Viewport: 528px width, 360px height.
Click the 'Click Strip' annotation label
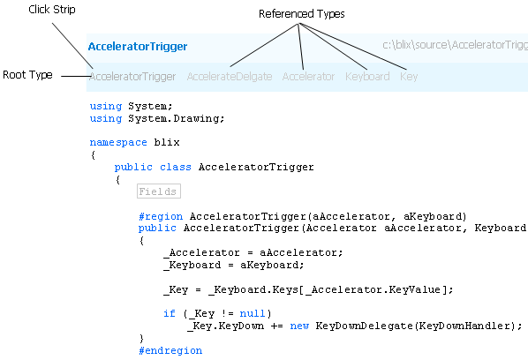52,10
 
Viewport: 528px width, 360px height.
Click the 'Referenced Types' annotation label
302,14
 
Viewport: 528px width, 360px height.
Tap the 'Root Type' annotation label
27,75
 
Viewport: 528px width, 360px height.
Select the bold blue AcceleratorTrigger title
138,47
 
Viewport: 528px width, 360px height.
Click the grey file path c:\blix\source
455,45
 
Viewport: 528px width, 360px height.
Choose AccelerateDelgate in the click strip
230,77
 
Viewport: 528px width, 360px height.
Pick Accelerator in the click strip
308,77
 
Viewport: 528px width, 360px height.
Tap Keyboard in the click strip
367,77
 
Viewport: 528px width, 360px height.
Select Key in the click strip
409,77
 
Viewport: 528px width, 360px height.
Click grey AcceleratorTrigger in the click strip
132,77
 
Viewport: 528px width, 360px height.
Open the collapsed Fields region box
159,191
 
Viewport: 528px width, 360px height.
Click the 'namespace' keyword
118,143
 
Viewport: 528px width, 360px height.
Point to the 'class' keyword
176,167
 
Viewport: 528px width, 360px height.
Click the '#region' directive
161,216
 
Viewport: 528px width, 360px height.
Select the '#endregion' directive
170,350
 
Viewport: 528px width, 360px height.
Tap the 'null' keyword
253,313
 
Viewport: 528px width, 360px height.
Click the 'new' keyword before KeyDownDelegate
299,326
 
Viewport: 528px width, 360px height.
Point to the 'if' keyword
170,313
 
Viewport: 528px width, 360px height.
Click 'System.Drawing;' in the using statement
176,118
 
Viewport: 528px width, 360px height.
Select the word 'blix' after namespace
167,142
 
